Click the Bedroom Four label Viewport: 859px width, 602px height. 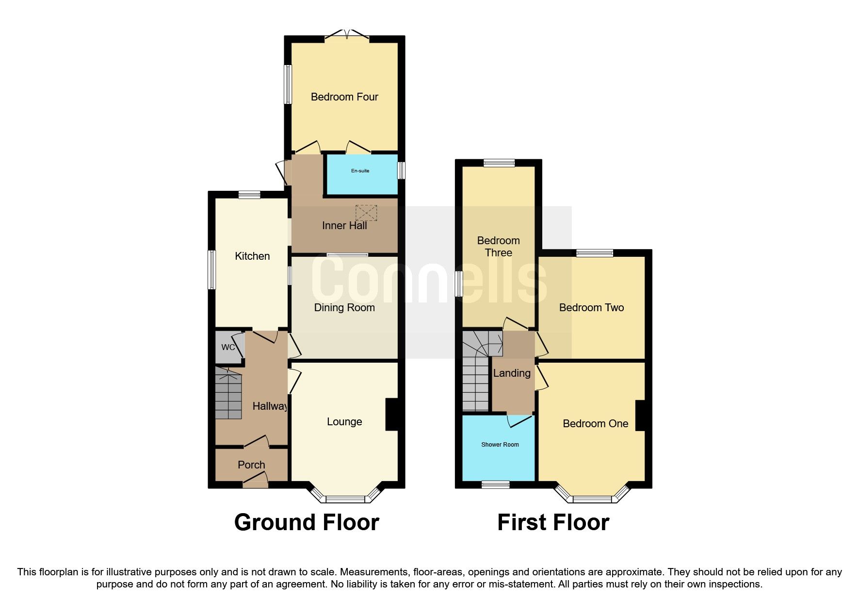[344, 97]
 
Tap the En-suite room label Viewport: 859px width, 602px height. [360, 171]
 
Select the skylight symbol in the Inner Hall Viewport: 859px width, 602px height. [366, 213]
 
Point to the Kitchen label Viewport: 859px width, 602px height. [252, 256]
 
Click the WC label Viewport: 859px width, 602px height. [227, 347]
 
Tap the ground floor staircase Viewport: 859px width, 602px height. [228, 393]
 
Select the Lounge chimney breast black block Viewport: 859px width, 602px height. [392, 414]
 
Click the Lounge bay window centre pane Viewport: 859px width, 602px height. [345, 499]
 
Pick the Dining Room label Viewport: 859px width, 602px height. [344, 308]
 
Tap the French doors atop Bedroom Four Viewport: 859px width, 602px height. [347, 34]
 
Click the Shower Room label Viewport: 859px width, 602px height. [500, 445]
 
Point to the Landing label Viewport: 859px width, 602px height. [512, 373]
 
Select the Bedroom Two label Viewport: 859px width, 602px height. [591, 308]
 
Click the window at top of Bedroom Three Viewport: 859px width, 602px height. [499, 163]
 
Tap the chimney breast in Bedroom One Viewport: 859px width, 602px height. [640, 416]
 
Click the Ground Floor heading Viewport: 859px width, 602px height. [307, 523]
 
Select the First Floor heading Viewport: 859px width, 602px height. [553, 523]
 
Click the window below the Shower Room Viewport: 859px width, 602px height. [496, 484]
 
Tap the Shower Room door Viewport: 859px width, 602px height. [519, 420]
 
